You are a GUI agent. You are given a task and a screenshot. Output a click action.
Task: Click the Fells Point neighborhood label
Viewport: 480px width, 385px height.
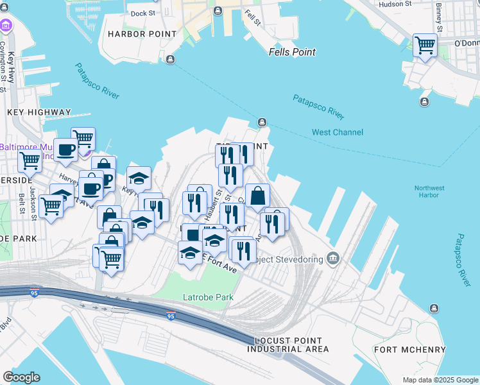point(292,52)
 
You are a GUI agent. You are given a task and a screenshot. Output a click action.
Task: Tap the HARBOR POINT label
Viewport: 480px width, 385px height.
point(142,33)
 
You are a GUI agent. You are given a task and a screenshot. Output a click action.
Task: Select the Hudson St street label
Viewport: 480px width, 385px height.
point(395,4)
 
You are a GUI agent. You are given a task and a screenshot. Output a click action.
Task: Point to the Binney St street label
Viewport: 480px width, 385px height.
point(440,17)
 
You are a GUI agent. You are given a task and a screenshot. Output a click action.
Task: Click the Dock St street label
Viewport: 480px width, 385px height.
point(142,13)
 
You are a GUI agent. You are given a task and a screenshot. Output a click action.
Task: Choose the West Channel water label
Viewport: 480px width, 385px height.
point(337,132)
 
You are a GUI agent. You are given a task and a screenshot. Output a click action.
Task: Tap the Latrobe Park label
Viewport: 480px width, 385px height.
point(208,297)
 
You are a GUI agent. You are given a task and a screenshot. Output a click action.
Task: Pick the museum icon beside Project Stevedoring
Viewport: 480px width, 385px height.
point(332,259)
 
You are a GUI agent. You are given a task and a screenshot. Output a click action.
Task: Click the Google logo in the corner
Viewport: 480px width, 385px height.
point(21,377)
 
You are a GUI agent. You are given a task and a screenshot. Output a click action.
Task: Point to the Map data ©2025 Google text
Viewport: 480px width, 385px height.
point(440,379)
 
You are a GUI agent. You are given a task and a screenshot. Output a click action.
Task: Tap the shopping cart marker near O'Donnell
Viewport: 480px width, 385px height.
point(425,46)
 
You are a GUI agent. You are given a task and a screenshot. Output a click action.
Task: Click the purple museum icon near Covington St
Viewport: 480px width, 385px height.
point(6,26)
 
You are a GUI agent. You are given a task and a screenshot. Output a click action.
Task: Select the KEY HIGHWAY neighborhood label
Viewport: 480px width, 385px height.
point(39,112)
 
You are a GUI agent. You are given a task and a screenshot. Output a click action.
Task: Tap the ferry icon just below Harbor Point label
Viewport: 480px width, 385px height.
point(170,60)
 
